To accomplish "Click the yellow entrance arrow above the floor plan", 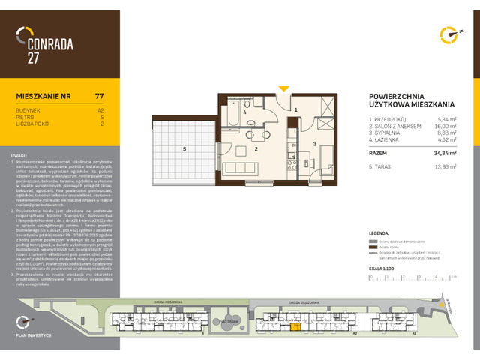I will [x=283, y=89].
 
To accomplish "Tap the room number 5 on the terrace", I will [x=184, y=148].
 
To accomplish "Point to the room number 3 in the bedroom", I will [x=315, y=142].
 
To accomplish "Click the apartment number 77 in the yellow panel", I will [x=100, y=96].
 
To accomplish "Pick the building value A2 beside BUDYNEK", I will [x=100, y=109].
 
